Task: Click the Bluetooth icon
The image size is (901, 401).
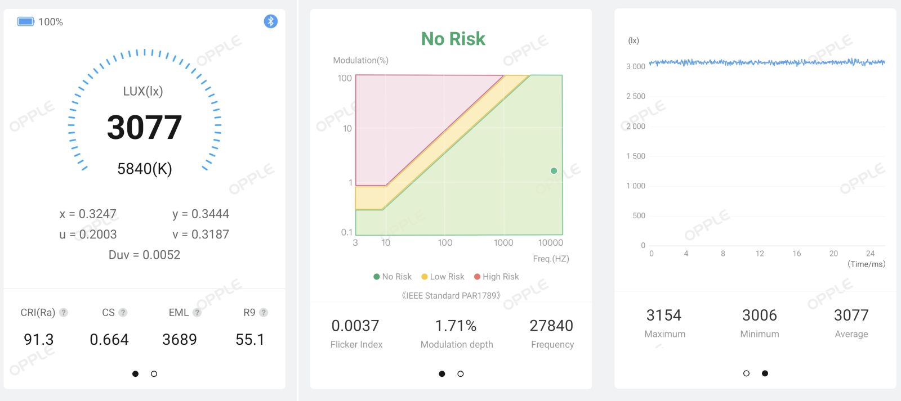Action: (x=271, y=21)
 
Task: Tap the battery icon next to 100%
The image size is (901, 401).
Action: (x=26, y=21)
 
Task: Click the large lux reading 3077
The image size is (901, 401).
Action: (x=144, y=127)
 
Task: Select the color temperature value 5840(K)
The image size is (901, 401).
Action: (x=144, y=169)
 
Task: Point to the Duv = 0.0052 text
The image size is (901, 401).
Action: (x=144, y=255)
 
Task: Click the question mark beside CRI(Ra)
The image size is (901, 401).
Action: (x=64, y=313)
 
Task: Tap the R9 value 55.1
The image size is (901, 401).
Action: (x=250, y=340)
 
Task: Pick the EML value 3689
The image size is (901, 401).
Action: (x=180, y=340)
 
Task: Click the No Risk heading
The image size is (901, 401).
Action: (x=453, y=39)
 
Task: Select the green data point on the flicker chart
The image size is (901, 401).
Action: (x=554, y=171)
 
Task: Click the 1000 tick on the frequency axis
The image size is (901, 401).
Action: (x=503, y=243)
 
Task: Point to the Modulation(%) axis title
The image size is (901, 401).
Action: (x=361, y=60)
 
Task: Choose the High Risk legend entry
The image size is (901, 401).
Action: (x=496, y=277)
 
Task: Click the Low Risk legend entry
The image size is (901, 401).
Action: (x=443, y=277)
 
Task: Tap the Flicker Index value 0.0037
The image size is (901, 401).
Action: (x=355, y=326)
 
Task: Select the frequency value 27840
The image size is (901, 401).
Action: (x=551, y=326)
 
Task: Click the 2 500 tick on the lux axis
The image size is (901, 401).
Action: (x=636, y=96)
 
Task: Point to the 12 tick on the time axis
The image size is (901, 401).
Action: (x=760, y=254)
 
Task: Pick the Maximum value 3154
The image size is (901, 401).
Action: (x=664, y=316)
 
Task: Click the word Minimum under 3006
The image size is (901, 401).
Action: (x=760, y=334)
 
